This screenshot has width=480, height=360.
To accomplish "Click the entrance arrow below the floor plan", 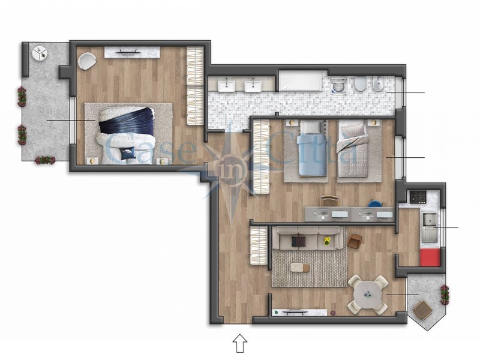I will pos(240,343).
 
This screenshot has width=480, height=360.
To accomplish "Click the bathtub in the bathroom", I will pos(302,82).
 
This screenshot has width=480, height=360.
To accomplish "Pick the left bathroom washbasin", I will pos(227,85).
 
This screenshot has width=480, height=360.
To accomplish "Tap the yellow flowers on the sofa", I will pos(328,242).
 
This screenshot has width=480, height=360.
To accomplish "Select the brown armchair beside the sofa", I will pos(355,241).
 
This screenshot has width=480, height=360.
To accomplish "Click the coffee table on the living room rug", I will pos(298,267).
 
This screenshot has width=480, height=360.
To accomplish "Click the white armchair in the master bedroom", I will pos(88,60).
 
